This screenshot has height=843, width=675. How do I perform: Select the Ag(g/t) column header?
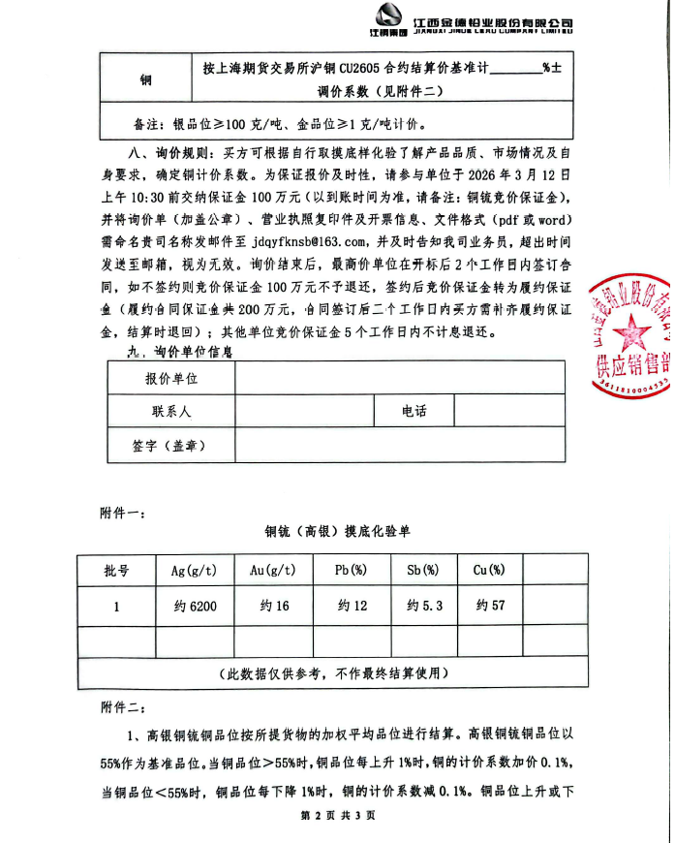click(193, 571)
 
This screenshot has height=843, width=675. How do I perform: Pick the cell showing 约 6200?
click(193, 607)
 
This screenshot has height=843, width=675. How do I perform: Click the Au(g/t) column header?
click(273, 571)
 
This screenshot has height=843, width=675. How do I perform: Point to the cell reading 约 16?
click(273, 607)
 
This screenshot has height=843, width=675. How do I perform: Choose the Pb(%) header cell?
click(352, 571)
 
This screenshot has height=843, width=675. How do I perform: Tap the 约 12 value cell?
click(352, 607)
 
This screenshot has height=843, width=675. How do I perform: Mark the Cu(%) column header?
click(491, 571)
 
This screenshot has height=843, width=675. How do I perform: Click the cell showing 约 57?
click(491, 607)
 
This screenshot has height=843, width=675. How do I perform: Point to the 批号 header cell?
click(116, 571)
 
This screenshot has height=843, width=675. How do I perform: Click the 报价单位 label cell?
click(171, 379)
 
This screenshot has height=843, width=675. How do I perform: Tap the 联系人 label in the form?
click(171, 412)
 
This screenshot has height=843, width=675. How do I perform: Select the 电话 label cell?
click(414, 412)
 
